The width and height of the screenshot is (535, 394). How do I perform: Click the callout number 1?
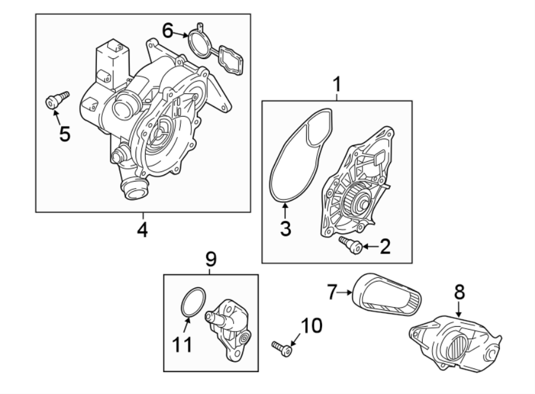(337, 85)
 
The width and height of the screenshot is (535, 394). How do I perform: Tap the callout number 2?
(385, 245)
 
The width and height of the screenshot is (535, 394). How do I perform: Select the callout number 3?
(286, 228)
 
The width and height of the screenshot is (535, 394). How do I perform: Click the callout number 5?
(64, 133)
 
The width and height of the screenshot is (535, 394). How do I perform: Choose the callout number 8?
(460, 292)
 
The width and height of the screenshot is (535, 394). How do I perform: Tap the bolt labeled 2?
(350, 243)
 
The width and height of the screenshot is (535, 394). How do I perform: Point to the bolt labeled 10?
(281, 347)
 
